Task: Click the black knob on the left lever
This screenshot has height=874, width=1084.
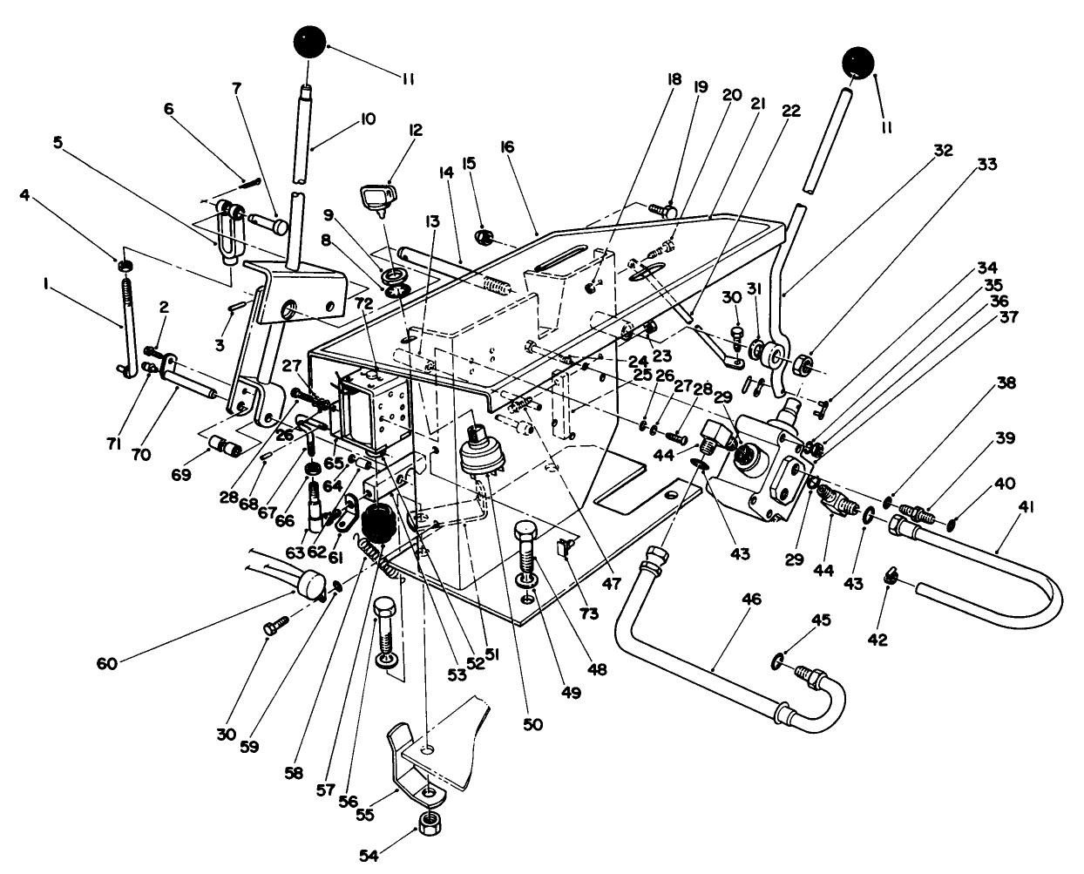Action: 308,43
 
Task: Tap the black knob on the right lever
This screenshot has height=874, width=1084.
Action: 857,64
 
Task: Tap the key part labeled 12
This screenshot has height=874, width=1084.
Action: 377,199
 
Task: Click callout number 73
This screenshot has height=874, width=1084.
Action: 589,614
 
